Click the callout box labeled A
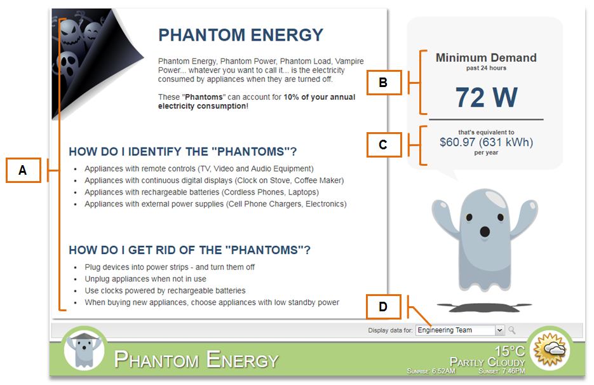pos(23,170)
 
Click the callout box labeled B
pos(384,82)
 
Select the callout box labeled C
pos(384,145)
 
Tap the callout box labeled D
pos(383,307)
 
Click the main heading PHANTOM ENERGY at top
pos(241,35)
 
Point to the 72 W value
pos(486,97)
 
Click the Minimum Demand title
pos(486,58)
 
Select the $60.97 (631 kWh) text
pos(486,142)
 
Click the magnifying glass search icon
pos(512,330)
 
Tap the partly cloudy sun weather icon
pos(550,349)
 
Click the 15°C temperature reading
pos(510,351)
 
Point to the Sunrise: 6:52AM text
pos(431,371)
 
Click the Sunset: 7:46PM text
pos(502,371)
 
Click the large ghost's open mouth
pos(485,231)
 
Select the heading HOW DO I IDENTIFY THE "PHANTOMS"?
pos(182,152)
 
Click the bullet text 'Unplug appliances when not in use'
pos(145,279)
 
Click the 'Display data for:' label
pos(390,330)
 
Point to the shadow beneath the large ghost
pos(485,307)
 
